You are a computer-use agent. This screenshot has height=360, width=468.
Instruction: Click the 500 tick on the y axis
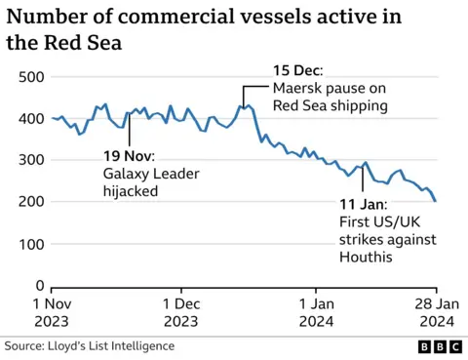pos(31,77)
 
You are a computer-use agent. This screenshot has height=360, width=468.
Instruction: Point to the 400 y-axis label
pos(31,119)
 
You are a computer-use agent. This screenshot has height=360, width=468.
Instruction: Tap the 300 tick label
pos(31,160)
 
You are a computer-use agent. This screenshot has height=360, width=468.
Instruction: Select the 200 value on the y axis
pos(31,202)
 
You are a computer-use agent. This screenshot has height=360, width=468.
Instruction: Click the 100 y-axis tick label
pos(31,244)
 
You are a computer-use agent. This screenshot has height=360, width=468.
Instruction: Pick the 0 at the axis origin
pos(40,286)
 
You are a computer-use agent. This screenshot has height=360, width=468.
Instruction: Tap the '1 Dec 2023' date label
pos(181,311)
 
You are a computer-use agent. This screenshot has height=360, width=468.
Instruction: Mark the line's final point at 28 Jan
pos(436,201)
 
